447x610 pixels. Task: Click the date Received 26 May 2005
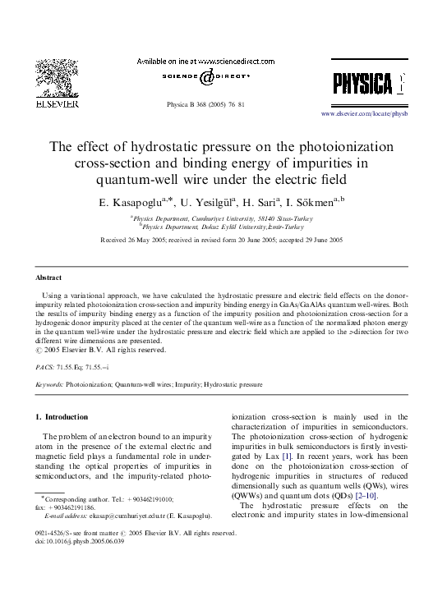click(x=134, y=239)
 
